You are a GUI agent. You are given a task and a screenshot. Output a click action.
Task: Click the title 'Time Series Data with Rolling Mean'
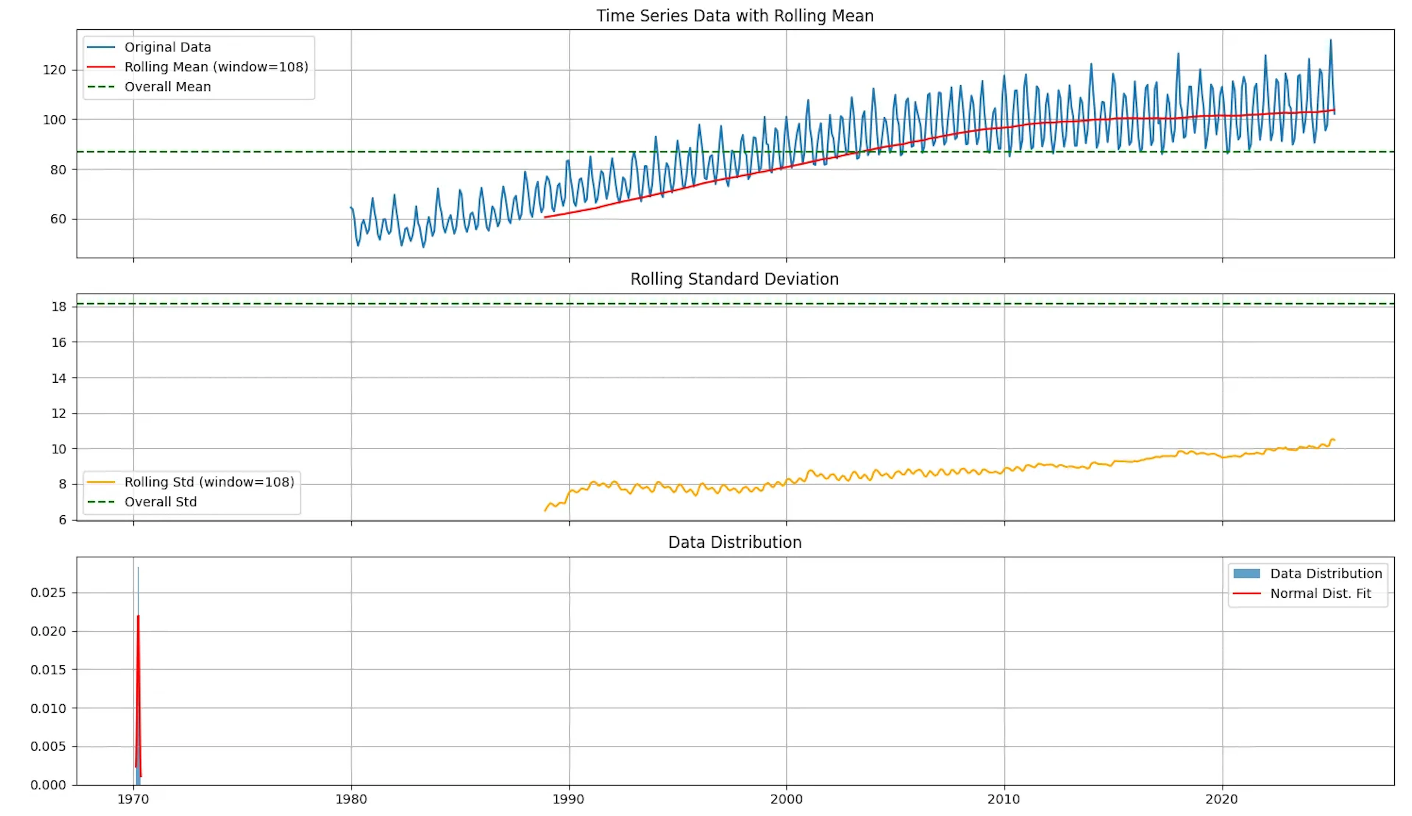pos(735,16)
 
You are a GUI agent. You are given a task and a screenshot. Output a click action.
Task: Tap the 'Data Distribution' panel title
pos(735,542)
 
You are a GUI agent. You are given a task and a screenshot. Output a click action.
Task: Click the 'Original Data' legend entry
pos(168,47)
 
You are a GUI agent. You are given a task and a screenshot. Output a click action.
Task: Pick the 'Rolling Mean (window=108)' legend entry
pos(216,67)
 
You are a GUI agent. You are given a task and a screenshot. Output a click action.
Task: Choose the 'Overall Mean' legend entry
pos(168,87)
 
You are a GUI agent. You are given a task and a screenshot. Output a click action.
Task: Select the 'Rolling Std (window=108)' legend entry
pos(209,482)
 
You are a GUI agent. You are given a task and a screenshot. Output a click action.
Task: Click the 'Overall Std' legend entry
pos(160,502)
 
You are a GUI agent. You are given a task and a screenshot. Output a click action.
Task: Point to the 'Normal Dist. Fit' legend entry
pos(1320,594)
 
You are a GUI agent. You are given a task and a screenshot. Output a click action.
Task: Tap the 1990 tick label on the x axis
pos(569,799)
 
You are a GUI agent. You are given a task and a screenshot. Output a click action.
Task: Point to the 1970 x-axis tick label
pos(133,799)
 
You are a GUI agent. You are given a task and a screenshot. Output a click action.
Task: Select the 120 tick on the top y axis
pos(54,70)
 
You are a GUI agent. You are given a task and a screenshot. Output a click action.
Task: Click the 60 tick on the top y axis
pos(58,219)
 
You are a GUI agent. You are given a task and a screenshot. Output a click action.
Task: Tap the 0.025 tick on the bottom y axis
pos(48,593)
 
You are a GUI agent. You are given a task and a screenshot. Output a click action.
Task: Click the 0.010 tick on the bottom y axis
pos(48,708)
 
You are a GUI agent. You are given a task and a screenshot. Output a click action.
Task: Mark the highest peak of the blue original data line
pos(1330,40)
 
